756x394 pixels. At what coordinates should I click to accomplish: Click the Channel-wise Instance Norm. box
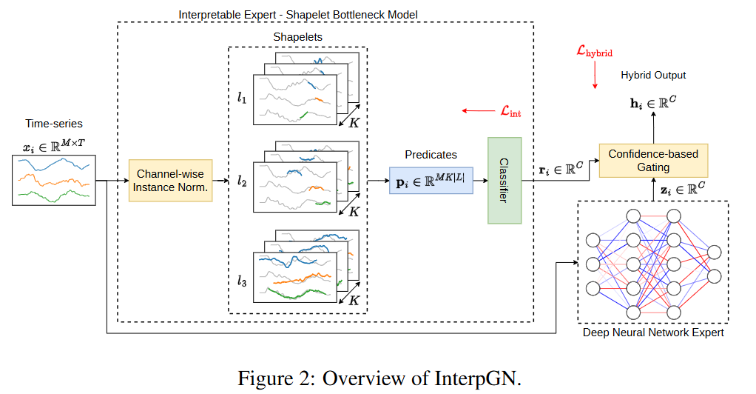pos(170,180)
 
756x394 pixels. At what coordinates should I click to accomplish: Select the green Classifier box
pos(504,180)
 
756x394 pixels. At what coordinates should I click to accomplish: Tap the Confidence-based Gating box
pos(652,160)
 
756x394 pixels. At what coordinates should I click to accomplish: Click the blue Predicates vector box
pos(431,180)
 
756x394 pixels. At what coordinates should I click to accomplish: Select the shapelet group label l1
pos(242,98)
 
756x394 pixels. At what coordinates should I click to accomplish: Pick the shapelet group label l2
pos(242,180)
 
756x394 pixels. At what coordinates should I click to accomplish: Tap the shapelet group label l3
pos(242,281)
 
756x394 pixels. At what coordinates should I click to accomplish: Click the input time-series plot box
pos(53,180)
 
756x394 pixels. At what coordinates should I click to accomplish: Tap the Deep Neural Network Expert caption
pos(653,333)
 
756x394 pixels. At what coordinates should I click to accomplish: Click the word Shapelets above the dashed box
pos(298,36)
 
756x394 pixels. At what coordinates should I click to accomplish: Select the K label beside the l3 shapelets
pos(354,301)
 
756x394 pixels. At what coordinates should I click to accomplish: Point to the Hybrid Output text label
pos(653,75)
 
